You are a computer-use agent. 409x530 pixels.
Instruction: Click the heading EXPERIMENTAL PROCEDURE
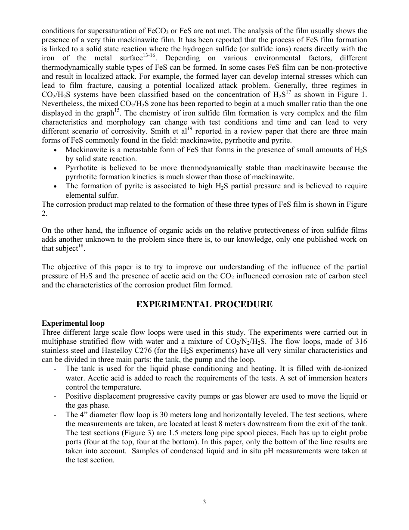tap(204, 305)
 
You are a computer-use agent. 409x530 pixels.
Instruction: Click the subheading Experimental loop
tap(73, 323)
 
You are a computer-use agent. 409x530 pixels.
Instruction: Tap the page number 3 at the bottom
tap(204, 502)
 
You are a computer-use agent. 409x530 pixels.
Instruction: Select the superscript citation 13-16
tap(149, 56)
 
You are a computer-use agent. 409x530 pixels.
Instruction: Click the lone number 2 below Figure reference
tap(43, 213)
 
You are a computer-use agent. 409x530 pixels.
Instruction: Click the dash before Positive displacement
tap(55, 396)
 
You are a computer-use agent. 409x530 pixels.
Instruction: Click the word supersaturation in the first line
tap(102, 31)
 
